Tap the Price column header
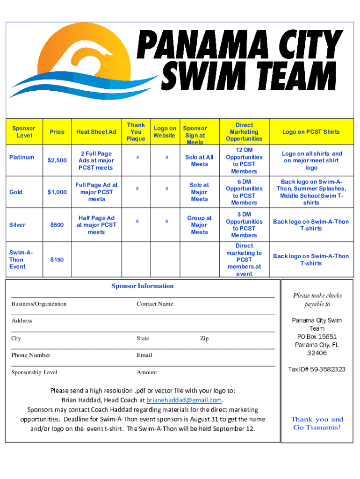[57, 132]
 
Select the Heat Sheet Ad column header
[96, 132]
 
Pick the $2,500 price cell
[57, 160]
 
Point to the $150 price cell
[57, 260]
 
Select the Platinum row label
[22, 157]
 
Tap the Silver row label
[17, 225]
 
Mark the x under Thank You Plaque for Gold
[137, 188]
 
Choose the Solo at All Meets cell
[199, 160]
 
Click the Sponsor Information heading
[142, 286]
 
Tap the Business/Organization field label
[39, 304]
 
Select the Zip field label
[204, 338]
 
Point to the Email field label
[144, 355]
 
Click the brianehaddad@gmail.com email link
[184, 400]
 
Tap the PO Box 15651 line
[317, 337]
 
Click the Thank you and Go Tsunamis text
[317, 423]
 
